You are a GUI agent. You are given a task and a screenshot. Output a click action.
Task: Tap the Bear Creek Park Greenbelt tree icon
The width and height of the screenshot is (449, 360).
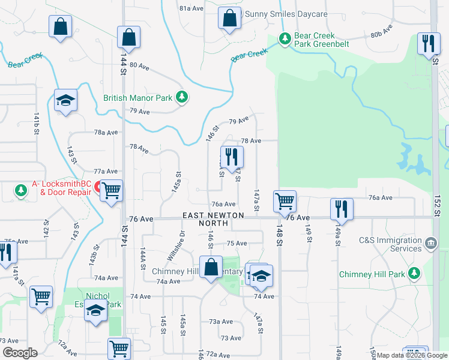(x=285, y=40)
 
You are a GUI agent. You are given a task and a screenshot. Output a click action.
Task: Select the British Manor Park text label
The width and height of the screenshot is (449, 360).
(x=137, y=97)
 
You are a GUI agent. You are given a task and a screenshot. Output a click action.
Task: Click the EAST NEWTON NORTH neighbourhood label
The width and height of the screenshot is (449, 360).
(x=214, y=219)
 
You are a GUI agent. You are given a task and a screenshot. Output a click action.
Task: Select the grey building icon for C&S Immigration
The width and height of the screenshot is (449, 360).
(x=430, y=244)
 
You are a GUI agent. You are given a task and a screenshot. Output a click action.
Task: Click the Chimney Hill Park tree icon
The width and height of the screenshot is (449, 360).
(x=414, y=274)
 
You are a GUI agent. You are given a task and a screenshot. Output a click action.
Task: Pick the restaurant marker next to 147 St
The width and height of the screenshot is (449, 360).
(x=232, y=158)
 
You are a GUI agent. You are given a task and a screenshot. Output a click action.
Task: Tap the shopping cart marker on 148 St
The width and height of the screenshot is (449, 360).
(x=285, y=202)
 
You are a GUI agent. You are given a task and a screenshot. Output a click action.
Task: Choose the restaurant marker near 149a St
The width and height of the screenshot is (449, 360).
(x=341, y=209)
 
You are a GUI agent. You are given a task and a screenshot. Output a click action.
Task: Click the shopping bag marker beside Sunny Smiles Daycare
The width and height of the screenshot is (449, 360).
(x=229, y=18)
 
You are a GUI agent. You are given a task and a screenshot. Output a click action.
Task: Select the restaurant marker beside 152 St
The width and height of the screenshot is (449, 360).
(x=428, y=44)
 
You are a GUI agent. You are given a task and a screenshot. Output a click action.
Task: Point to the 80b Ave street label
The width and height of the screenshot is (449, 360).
(x=381, y=31)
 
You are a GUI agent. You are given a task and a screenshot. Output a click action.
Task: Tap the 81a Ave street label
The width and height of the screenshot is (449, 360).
(x=191, y=8)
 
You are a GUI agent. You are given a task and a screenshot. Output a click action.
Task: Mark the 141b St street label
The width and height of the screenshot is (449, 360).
(x=37, y=123)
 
